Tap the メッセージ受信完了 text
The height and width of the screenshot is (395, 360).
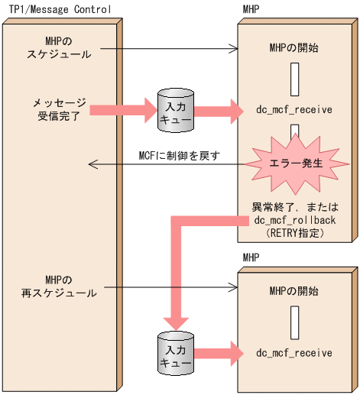coord(58,108)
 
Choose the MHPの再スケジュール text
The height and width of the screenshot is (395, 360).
coord(58,287)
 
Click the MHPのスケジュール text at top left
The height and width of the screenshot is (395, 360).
coord(58,47)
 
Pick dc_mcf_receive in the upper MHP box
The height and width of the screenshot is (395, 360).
coord(294,109)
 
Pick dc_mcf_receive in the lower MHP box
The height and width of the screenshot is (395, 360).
coord(294,353)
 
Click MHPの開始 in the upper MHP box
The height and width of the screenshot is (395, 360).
coord(294,48)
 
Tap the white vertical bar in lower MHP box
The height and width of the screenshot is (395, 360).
coord(294,322)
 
